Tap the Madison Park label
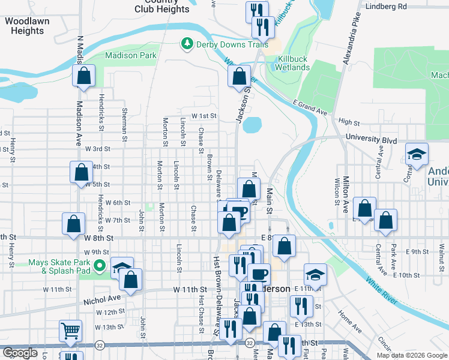coord(130,56)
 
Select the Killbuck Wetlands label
coord(293,63)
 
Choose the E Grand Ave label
coord(310,108)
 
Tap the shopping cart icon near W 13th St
coord(70,330)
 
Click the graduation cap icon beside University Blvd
coord(417,154)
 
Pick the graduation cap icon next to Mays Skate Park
coord(122,267)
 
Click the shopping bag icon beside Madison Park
coord(83,76)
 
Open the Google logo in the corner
coord(20,353)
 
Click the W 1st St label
coord(203,116)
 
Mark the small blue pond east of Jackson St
coord(252,125)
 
